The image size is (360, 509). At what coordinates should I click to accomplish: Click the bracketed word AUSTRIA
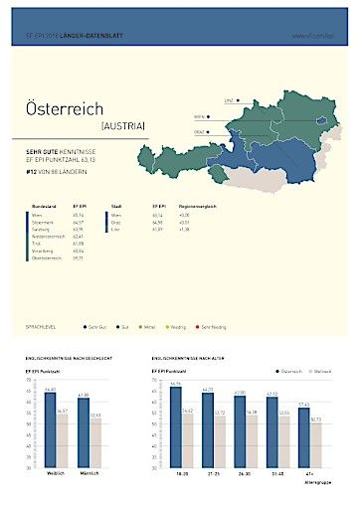point(123,126)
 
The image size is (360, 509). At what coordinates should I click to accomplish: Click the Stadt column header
point(116,206)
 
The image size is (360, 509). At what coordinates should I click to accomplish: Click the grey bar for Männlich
point(95,442)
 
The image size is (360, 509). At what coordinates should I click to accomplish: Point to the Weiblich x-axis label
point(57,472)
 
